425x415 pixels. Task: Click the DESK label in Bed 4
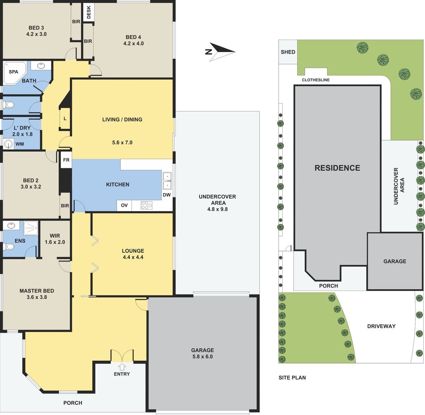89,13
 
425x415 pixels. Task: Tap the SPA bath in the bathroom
15,73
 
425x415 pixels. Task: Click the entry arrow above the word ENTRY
122,367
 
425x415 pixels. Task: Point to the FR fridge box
66,160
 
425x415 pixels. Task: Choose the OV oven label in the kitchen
124,205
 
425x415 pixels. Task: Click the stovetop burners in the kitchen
147,205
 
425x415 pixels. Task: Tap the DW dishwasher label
167,195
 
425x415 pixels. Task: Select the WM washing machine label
20,144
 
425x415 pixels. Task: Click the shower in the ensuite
31,228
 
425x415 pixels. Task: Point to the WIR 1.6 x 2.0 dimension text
55,242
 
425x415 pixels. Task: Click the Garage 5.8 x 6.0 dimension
202,356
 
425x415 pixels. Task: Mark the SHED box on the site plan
288,52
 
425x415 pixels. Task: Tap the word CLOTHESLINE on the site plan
316,80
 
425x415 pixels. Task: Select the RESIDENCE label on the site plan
337,168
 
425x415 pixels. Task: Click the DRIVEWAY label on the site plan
381,326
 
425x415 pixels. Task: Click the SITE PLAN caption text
292,377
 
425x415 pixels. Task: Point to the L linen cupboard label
65,119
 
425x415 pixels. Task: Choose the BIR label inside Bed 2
65,206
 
